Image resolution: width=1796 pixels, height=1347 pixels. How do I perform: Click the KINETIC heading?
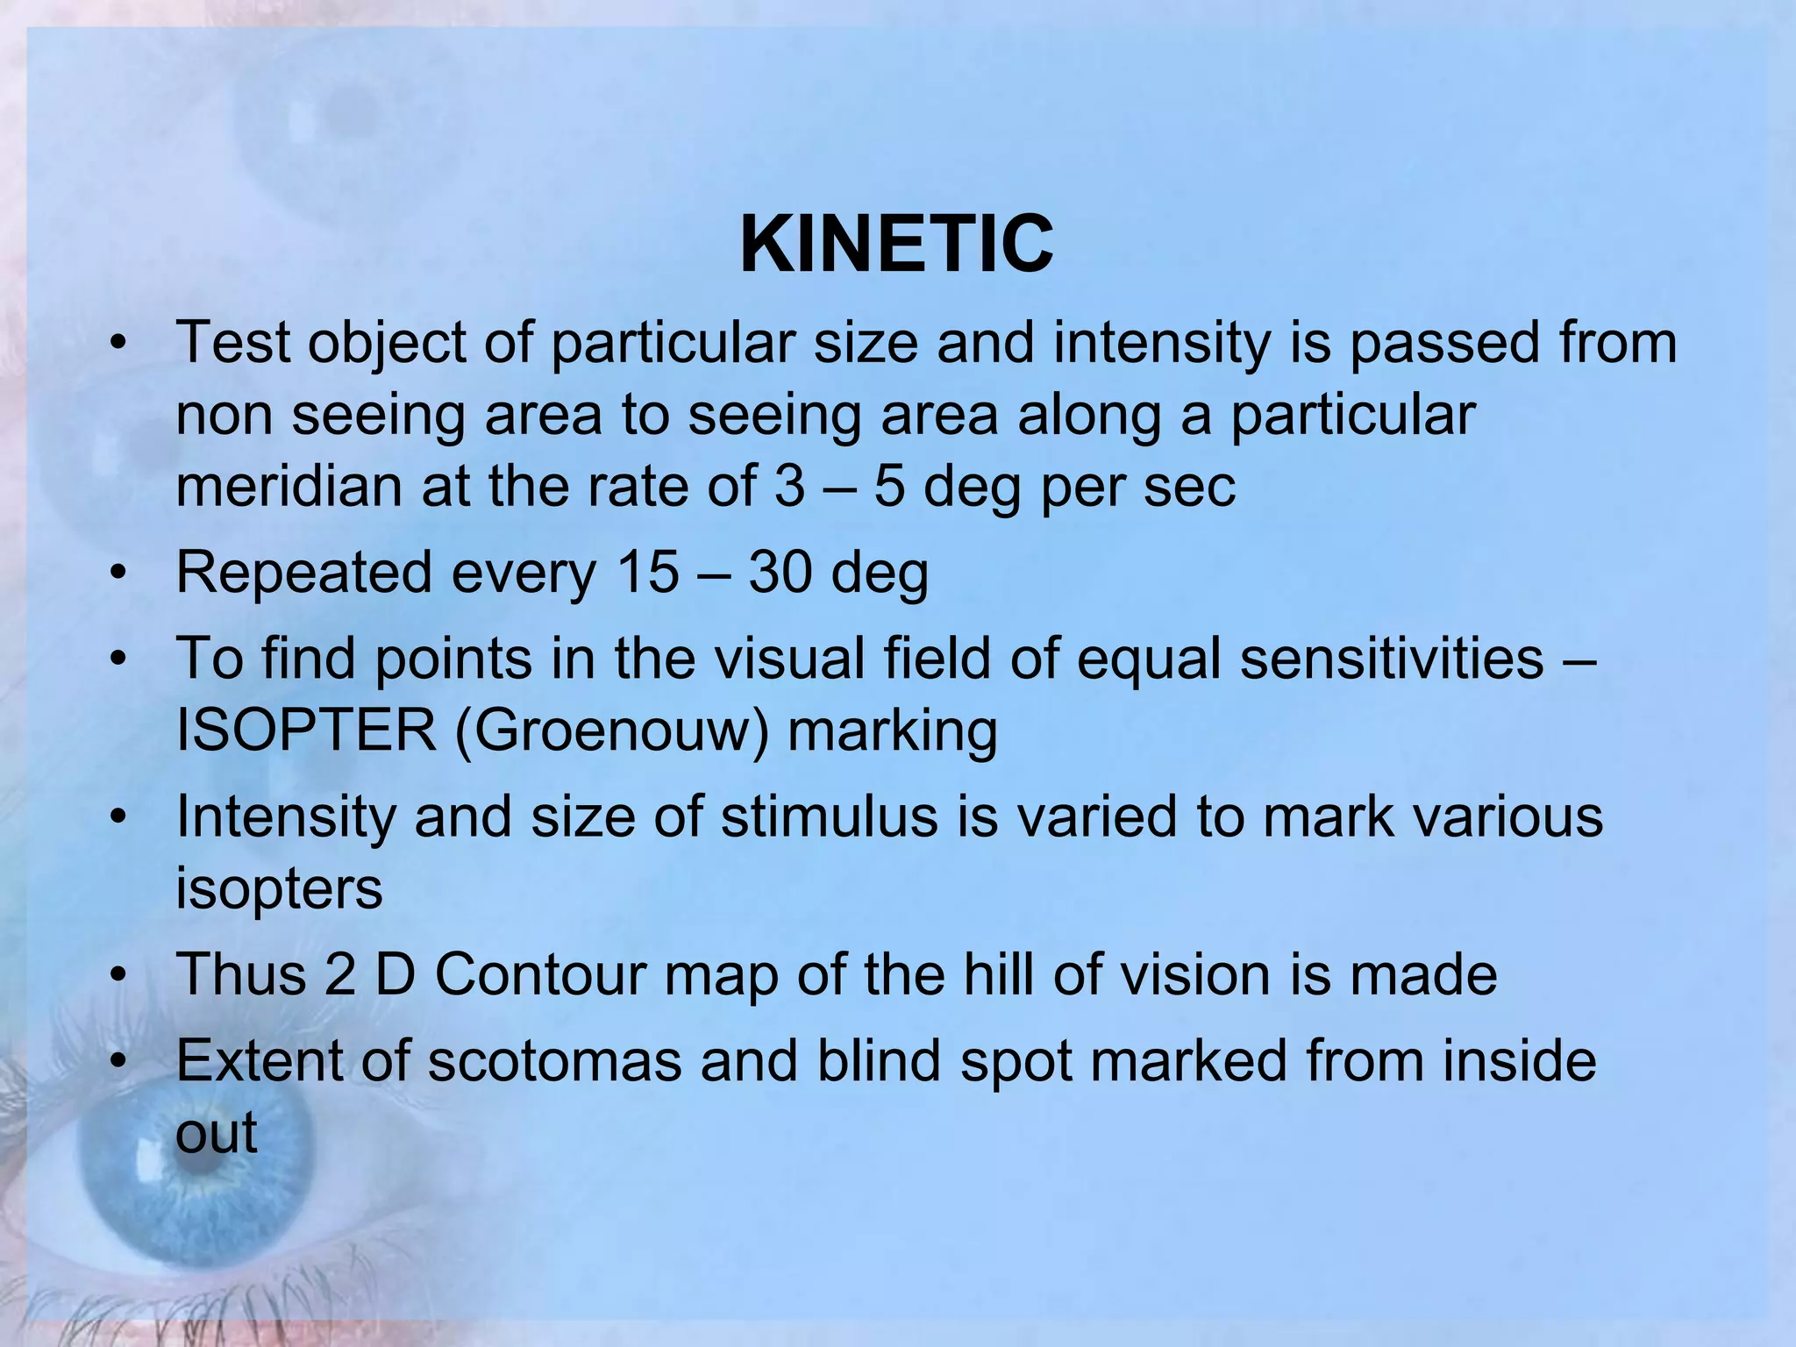(896, 246)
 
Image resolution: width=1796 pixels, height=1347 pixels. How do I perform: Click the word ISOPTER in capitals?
(306, 731)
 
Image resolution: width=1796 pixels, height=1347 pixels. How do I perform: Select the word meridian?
(289, 486)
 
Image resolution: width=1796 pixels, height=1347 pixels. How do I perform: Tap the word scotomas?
(555, 1061)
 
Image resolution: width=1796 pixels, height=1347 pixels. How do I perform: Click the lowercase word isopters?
(279, 888)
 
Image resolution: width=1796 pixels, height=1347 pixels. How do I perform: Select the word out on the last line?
(216, 1133)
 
